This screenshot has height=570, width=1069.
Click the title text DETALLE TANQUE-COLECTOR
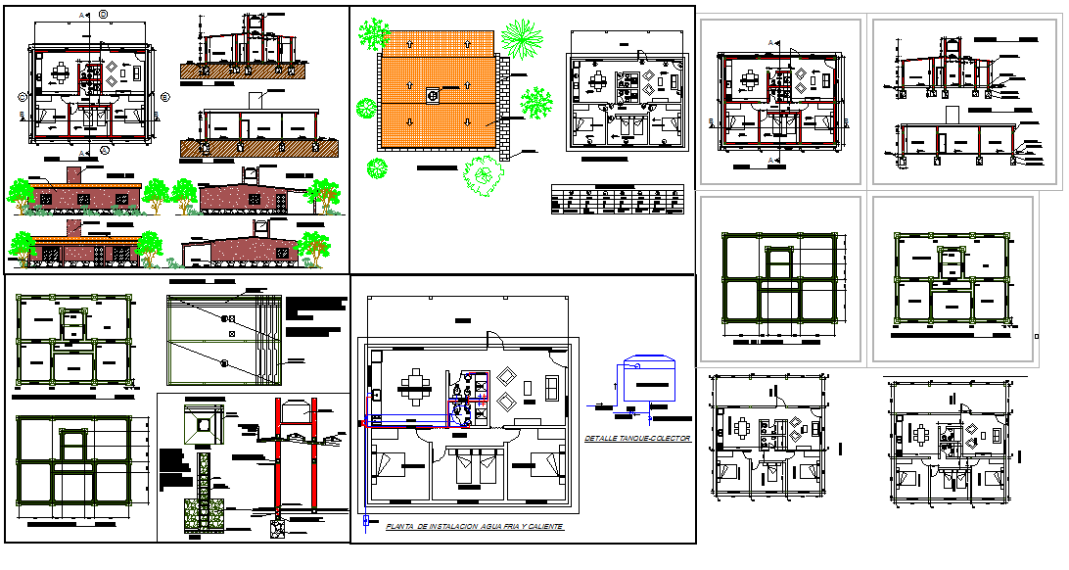636,439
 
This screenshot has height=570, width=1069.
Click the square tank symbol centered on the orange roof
433,95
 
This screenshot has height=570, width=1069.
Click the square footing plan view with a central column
206,424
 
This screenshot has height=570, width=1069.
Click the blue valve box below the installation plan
365,520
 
